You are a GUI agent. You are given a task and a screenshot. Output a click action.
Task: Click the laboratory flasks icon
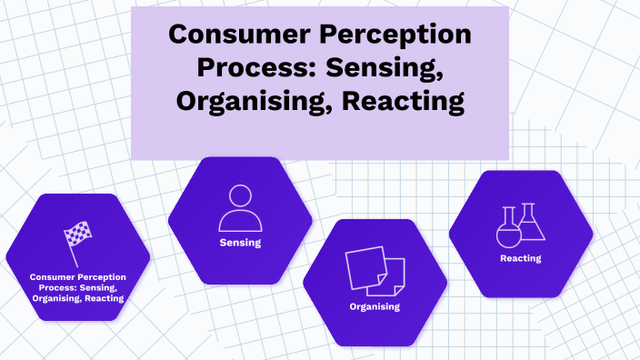coord(520,225)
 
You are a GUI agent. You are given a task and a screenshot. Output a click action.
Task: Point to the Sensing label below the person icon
coord(240,243)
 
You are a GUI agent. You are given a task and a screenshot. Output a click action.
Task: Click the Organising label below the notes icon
coord(375,306)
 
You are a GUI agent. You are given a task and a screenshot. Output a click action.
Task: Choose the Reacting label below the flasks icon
coord(520,258)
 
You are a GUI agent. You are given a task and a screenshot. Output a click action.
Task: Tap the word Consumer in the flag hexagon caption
coord(53,275)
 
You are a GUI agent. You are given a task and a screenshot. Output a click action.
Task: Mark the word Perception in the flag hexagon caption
coord(101,275)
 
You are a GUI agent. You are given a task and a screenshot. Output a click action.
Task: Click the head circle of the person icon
coord(240,195)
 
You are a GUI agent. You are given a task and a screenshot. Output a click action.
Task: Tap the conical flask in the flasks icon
coord(532,224)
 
